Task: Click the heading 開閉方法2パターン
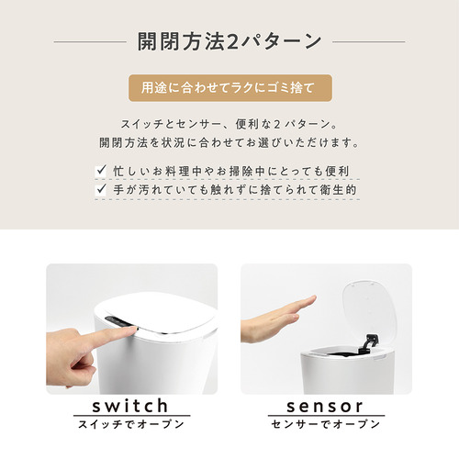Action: pos(229,41)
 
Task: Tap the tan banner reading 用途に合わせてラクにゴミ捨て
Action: pos(230,88)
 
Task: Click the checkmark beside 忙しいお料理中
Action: pos(101,170)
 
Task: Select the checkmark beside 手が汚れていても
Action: pos(101,189)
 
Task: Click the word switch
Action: pos(130,406)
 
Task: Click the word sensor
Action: pos(325,407)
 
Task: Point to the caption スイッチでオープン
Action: pos(131,424)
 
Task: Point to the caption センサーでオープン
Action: pos(326,424)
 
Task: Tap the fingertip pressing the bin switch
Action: pos(132,330)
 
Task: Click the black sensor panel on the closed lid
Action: pos(117,321)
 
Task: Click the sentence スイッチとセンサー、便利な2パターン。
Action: pos(229,124)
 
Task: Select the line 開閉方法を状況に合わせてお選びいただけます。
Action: pos(229,142)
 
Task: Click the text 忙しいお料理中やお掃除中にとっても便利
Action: pos(231,171)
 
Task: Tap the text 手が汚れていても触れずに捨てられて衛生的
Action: pos(235,190)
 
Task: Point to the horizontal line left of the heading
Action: pos(90,41)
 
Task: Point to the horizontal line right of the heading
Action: pos(369,41)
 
